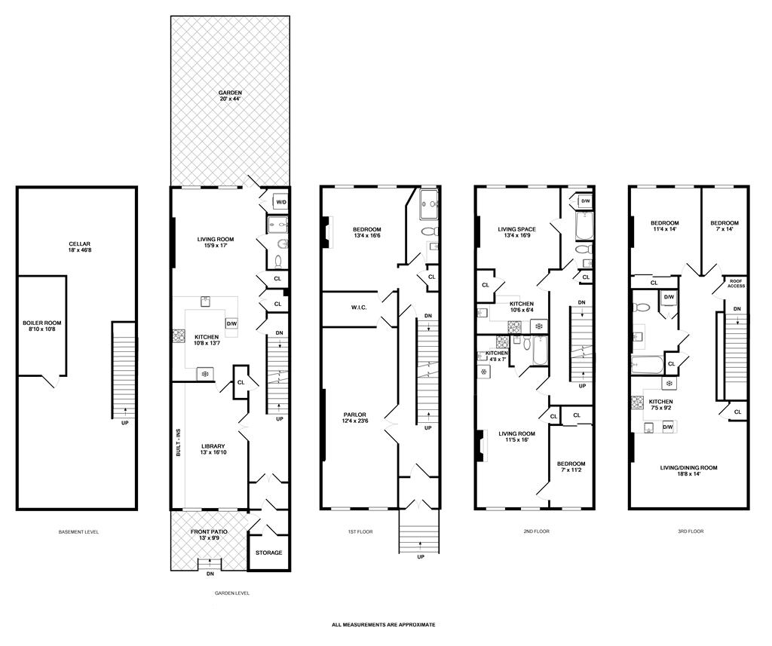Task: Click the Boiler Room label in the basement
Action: (x=41, y=326)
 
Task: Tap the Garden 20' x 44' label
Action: (x=230, y=96)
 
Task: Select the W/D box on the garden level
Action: (x=280, y=202)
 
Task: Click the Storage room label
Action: (x=268, y=553)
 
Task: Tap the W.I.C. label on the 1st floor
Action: (x=357, y=307)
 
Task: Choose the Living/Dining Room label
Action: (x=689, y=471)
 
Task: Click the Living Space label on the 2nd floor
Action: (x=516, y=233)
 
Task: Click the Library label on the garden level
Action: (x=212, y=450)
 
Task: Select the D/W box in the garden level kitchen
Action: (x=231, y=323)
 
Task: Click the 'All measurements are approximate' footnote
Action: (x=384, y=625)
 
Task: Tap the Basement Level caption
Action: (x=78, y=532)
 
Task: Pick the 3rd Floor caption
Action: (x=690, y=531)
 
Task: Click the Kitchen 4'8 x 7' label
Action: (x=496, y=356)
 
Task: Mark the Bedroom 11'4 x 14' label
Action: (x=665, y=226)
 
